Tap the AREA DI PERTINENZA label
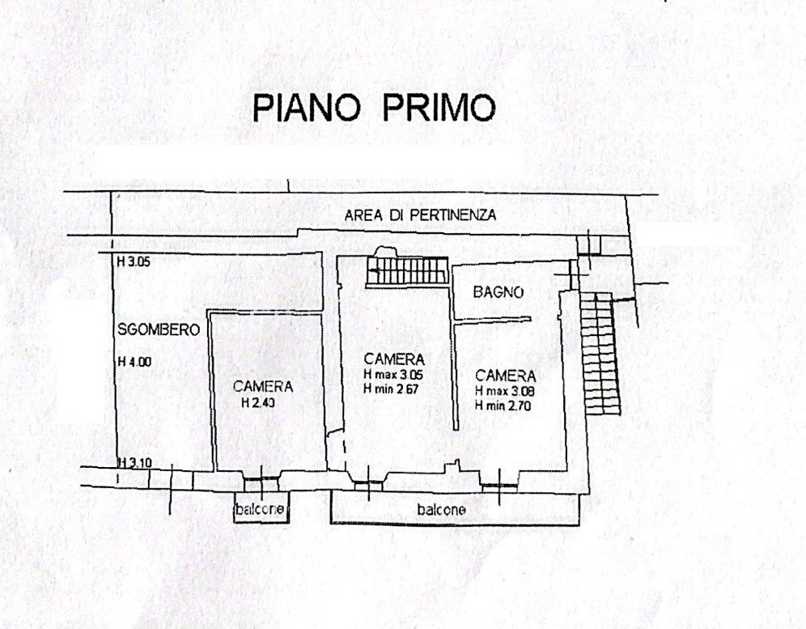(420, 215)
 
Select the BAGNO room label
(499, 292)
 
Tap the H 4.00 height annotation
(134, 362)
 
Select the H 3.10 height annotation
(134, 462)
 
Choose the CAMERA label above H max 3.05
(394, 359)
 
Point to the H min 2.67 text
(394, 389)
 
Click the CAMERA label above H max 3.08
(506, 376)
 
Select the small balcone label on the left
(260, 510)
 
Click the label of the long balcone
(441, 510)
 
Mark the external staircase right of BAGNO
(600, 352)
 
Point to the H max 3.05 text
(394, 375)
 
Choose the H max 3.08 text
(506, 391)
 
